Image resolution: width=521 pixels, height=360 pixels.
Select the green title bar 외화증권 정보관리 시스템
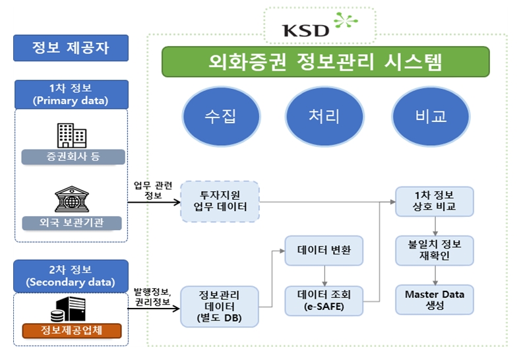tap(326, 62)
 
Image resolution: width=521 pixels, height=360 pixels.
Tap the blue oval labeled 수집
tap(220, 116)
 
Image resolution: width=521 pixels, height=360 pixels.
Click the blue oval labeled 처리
tap(324, 116)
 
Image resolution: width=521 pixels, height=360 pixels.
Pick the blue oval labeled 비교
tap(431, 116)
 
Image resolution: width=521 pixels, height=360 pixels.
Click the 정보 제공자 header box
tap(71, 47)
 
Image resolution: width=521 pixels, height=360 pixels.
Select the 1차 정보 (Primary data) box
tap(71, 94)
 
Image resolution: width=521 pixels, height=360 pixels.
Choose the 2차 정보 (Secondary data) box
tap(71, 276)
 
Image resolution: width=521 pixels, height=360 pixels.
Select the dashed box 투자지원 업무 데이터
tap(220, 201)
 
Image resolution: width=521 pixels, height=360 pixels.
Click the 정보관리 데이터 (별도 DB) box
tap(220, 307)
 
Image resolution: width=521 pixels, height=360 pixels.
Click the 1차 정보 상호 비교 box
tap(434, 201)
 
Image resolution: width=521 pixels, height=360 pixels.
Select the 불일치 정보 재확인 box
tap(434, 250)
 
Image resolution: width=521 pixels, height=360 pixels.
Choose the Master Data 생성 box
tap(434, 300)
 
